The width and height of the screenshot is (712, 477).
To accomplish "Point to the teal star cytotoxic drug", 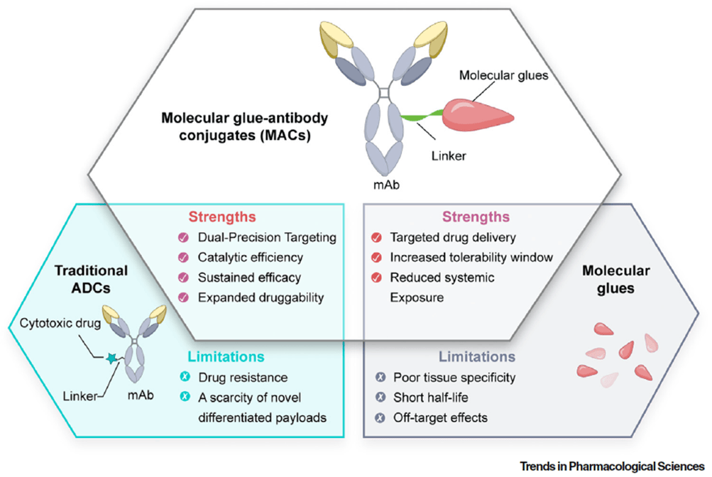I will click(x=111, y=361).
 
